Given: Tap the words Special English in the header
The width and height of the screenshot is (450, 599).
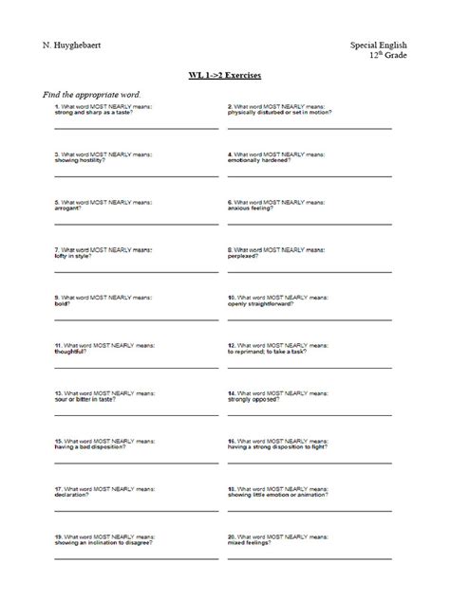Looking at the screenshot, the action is (376, 45).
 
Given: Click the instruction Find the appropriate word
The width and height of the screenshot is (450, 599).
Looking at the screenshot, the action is (91, 96).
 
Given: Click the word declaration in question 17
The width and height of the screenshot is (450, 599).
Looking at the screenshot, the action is (72, 494).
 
